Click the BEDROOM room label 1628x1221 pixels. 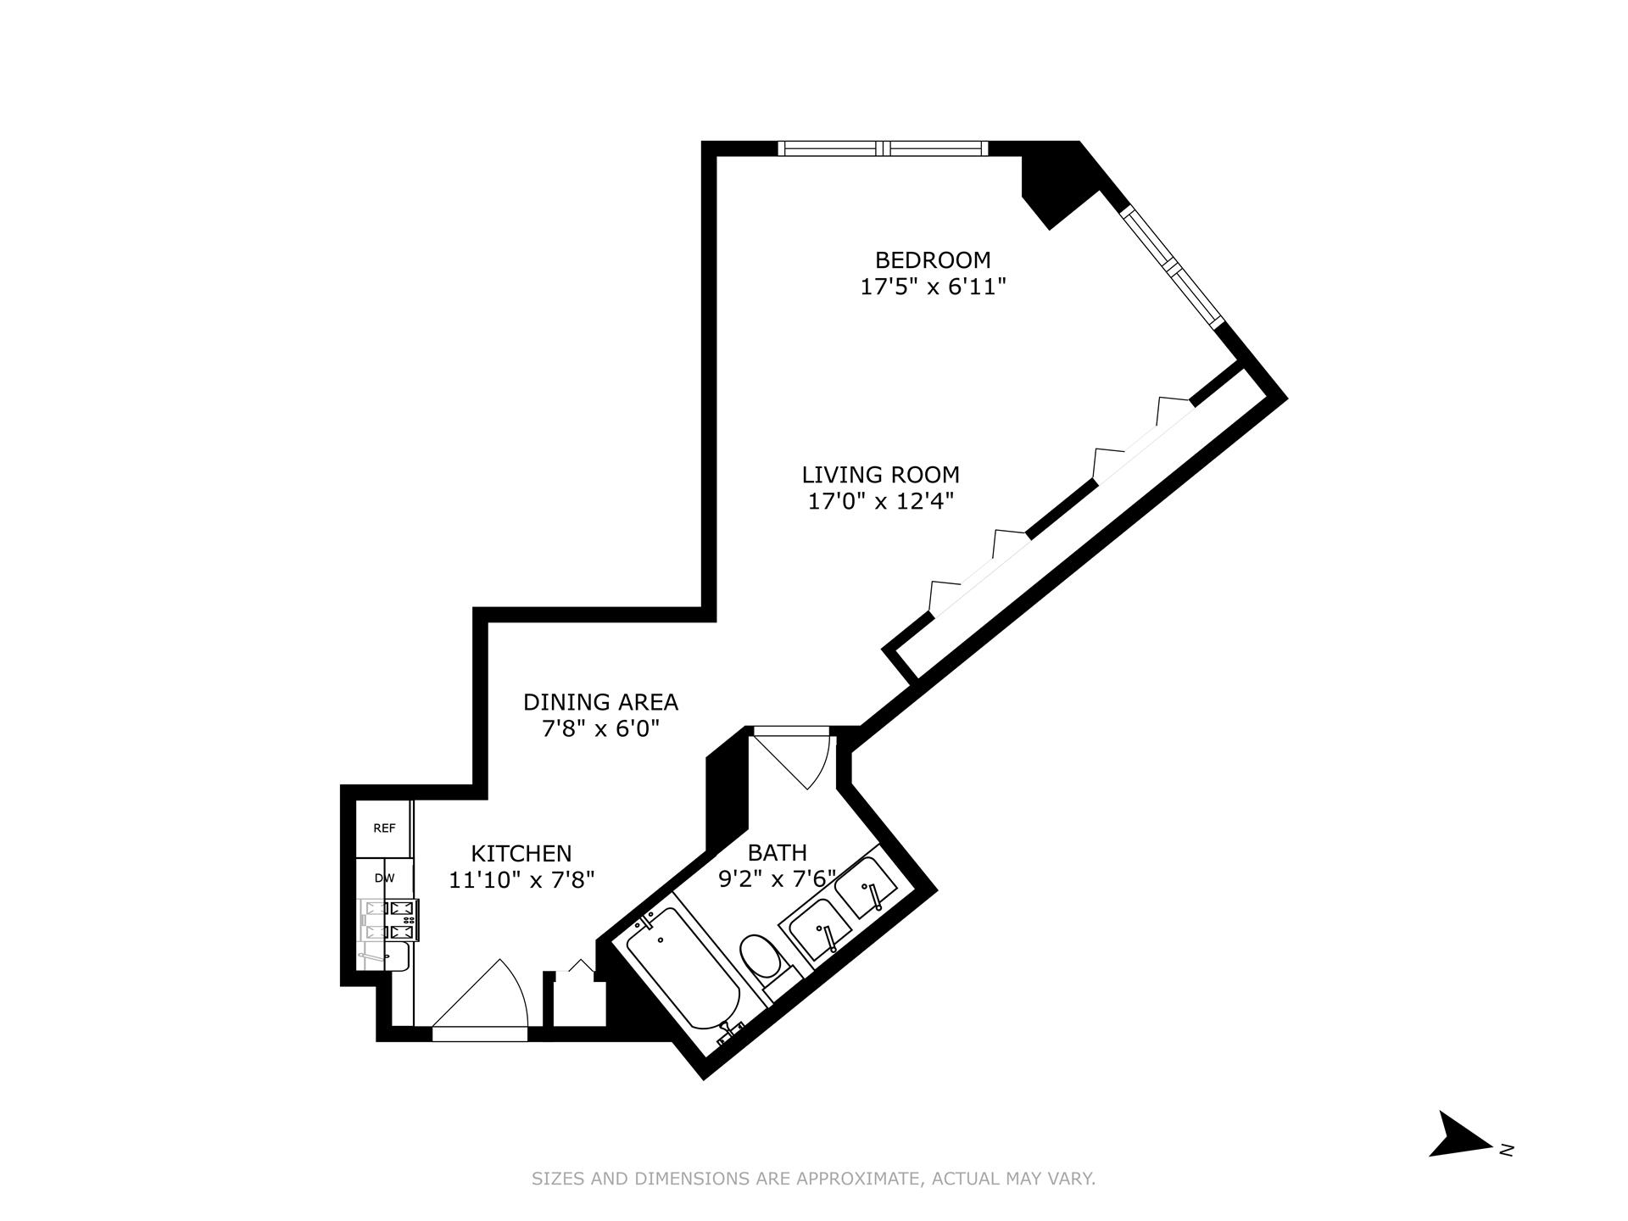[933, 259]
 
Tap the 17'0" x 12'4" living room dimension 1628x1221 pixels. [881, 502]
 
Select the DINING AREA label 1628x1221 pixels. [600, 702]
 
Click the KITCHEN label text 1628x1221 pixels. [521, 853]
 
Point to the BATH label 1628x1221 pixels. [777, 852]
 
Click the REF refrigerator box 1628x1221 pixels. [384, 828]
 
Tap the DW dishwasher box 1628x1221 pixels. [384, 878]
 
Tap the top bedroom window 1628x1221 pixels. [883, 148]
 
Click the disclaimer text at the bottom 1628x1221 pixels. [813, 1178]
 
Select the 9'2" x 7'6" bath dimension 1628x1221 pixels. [778, 878]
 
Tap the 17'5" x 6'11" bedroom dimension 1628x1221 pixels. [933, 287]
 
